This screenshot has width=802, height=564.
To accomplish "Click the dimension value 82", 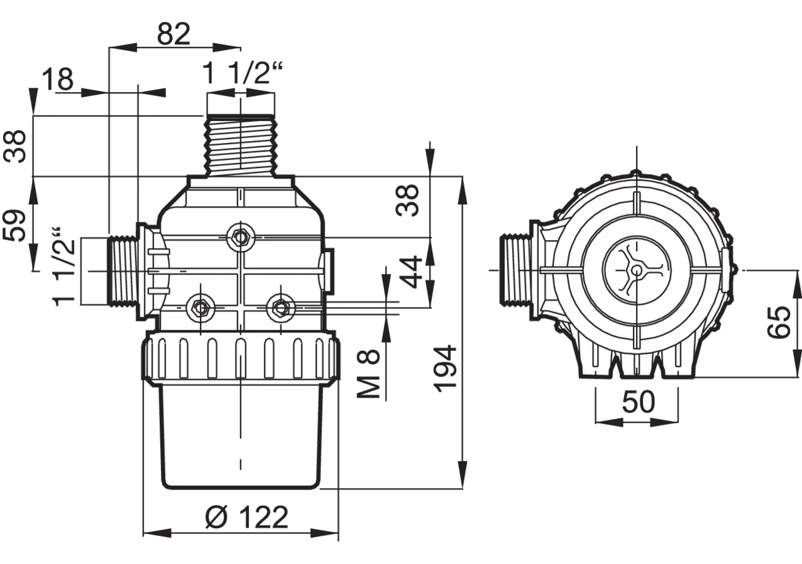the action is click(174, 34).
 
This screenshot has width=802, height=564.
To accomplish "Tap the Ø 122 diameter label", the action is click(247, 517).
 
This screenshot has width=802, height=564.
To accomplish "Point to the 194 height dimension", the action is click(445, 370).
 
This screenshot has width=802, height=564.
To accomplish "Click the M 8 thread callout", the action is click(368, 374).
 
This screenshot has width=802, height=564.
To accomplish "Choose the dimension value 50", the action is click(638, 402).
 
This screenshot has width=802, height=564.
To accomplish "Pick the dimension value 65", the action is click(779, 321).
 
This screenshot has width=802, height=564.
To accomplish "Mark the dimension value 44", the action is click(410, 271).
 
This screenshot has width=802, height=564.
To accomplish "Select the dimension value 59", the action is click(14, 226).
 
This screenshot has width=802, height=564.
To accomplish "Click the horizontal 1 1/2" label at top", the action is click(242, 73).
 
